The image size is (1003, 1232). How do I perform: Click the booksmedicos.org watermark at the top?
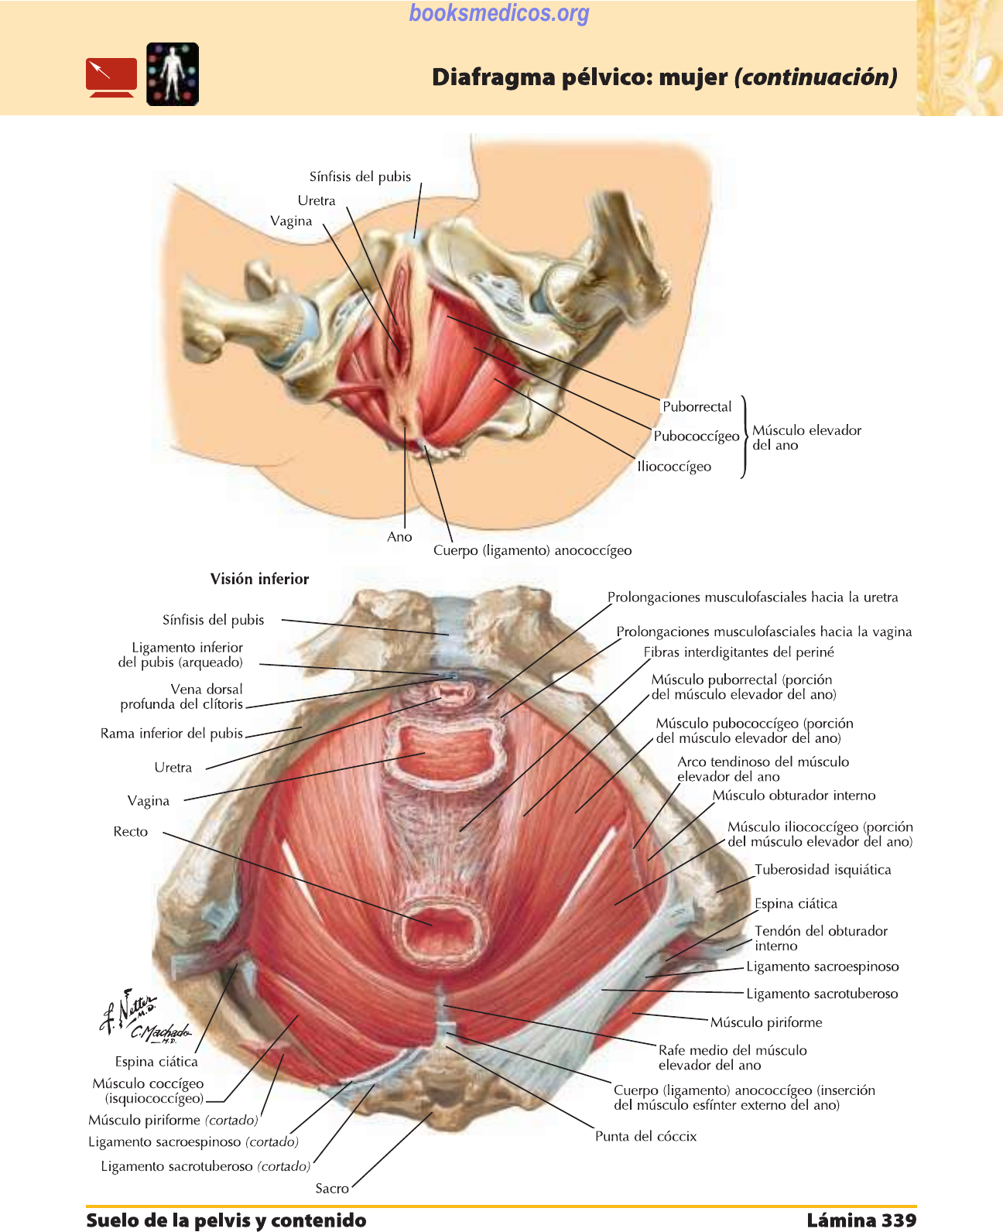point(499,13)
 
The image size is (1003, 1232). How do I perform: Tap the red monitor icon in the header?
point(111,77)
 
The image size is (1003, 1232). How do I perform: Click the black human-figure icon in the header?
point(173,74)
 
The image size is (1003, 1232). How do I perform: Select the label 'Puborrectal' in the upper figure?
point(697,406)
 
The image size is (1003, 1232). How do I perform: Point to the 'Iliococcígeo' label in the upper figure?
point(674,467)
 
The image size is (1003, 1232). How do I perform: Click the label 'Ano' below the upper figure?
point(399,537)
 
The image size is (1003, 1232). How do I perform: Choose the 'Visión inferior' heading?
point(259,579)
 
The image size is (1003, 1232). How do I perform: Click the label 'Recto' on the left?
point(130,832)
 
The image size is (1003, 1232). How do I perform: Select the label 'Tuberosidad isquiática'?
point(823,870)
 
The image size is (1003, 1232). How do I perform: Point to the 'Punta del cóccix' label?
point(645,1136)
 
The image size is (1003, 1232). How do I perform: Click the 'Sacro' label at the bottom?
point(332,1188)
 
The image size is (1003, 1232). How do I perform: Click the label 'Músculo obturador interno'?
point(794,796)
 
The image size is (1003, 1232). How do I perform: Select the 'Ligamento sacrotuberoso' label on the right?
point(822,994)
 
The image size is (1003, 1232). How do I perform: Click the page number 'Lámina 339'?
point(861,1220)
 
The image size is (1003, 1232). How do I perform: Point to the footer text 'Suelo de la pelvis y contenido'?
point(226,1220)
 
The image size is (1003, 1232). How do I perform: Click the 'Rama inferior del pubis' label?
point(172,733)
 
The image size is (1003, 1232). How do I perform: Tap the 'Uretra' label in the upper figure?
point(317,200)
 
